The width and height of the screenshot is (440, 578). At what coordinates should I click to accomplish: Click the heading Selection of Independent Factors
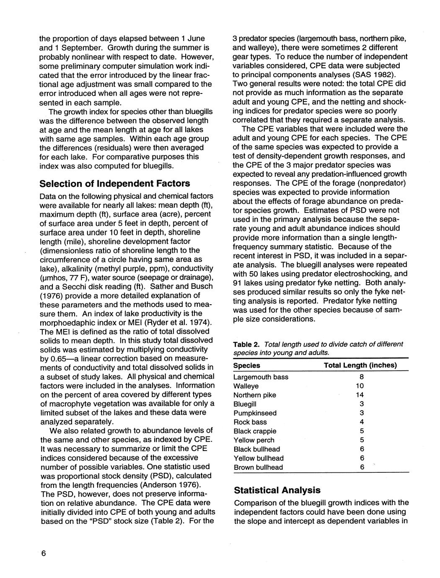click(114, 184)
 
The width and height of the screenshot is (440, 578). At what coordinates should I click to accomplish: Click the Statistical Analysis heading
click(277, 490)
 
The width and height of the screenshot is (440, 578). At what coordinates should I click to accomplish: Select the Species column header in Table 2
click(246, 365)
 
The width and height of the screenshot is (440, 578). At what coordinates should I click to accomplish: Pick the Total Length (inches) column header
click(360, 365)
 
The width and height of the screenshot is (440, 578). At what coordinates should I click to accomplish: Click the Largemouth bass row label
click(261, 377)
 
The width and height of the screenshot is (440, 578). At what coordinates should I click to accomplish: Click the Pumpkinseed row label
click(255, 413)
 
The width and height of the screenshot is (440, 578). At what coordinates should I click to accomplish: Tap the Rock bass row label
click(250, 422)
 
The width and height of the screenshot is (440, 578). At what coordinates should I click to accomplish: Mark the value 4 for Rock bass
click(361, 422)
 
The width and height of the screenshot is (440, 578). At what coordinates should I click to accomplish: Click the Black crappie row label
click(255, 431)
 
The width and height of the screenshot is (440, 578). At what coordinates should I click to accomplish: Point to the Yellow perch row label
click(254, 440)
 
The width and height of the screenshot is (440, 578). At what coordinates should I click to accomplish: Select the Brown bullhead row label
click(258, 467)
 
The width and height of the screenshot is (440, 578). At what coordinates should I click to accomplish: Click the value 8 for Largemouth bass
click(361, 377)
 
